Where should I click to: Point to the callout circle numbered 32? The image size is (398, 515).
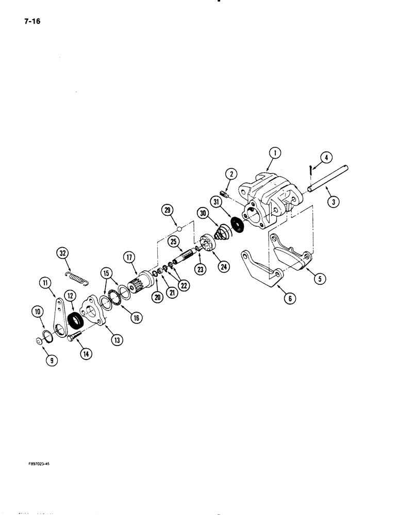63,253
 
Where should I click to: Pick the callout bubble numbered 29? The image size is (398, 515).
167,209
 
